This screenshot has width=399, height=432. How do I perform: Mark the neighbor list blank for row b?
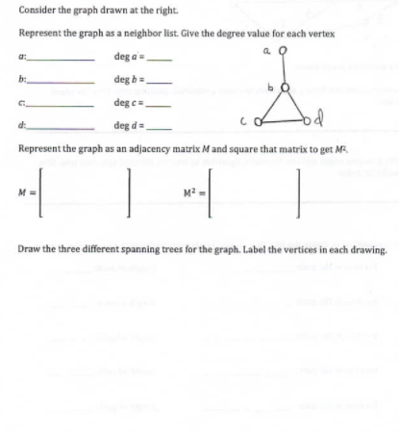(x=61, y=84)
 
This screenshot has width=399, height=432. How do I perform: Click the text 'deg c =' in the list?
(x=128, y=106)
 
